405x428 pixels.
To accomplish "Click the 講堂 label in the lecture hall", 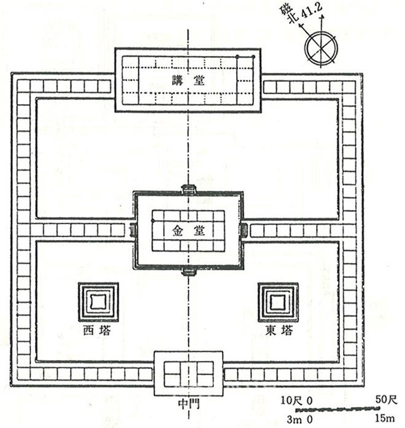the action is (188, 80).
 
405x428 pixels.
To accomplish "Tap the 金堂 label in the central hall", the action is (188, 231).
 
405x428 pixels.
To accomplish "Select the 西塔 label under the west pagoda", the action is (97, 331).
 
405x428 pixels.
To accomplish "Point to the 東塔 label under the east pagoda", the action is (279, 331).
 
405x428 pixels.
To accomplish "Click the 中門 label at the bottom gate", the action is (189, 404).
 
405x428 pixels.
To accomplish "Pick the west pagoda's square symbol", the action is (98, 302).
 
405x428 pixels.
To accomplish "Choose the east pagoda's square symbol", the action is (278, 302).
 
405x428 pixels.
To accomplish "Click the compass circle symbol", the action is (321, 48).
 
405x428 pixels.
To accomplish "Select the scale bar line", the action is (338, 409).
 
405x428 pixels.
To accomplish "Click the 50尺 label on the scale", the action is (386, 400).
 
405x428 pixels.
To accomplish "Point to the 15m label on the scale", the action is (385, 418).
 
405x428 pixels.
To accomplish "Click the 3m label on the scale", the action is (294, 419).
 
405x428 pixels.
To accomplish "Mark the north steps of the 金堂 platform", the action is (188, 188).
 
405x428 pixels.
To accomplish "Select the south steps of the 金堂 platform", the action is (188, 272).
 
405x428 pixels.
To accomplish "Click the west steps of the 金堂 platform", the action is (133, 230).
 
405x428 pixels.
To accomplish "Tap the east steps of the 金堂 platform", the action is (245, 230).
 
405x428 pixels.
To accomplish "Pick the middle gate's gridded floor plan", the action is (189, 374).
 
